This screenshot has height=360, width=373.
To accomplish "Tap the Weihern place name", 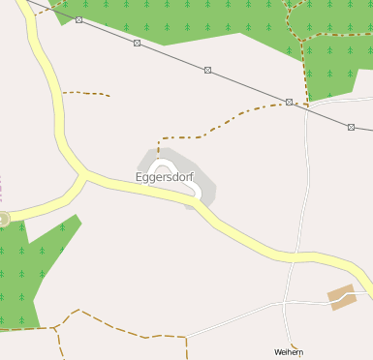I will [x=289, y=352].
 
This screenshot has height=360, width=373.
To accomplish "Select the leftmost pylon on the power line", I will [x=78, y=19].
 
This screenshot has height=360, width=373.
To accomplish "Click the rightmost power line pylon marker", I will [x=351, y=127].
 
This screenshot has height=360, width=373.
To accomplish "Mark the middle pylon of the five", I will [x=207, y=70].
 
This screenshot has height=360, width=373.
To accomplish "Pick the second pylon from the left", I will [x=138, y=43].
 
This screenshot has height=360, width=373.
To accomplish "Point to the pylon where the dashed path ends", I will [x=289, y=102].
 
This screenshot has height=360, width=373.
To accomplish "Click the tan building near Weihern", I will [x=342, y=296].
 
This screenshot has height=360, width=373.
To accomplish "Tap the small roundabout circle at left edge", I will [x=3, y=219].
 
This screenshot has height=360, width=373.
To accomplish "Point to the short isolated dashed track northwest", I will [x=86, y=94].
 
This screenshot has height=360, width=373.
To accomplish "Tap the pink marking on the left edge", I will [x=1, y=188].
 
